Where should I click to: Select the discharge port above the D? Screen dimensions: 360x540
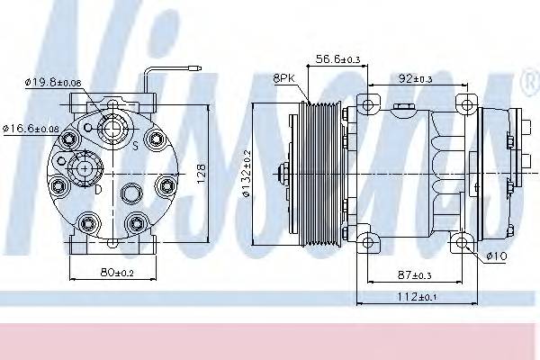point(86,167)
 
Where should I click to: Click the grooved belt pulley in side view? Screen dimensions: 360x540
point(319,171)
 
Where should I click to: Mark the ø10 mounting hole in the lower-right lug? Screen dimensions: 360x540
point(463,240)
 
